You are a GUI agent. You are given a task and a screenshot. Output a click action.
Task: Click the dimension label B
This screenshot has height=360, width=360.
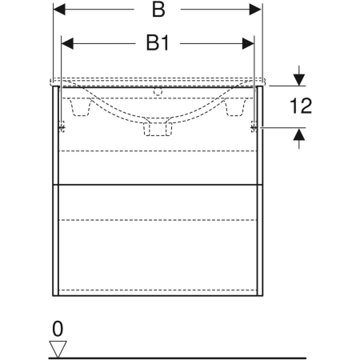pos(158,10)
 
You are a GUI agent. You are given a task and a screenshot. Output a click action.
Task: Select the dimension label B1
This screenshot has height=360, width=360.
pos(158,43)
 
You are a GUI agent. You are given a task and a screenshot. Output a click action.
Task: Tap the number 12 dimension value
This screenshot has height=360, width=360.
pos(301,106)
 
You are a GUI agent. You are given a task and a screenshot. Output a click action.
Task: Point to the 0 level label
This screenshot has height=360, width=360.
pos(58,329)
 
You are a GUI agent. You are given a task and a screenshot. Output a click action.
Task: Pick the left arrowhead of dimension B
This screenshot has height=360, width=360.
pos(59,10)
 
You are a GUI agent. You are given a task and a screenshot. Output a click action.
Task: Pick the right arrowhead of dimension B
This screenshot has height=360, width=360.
pos(255,10)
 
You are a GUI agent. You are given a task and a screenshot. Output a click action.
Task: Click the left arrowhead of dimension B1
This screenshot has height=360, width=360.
pos(67,43)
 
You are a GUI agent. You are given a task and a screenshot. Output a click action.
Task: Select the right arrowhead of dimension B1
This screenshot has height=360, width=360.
pos(248,43)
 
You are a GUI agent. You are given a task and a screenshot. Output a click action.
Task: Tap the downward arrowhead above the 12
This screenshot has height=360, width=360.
pos(299,80)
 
